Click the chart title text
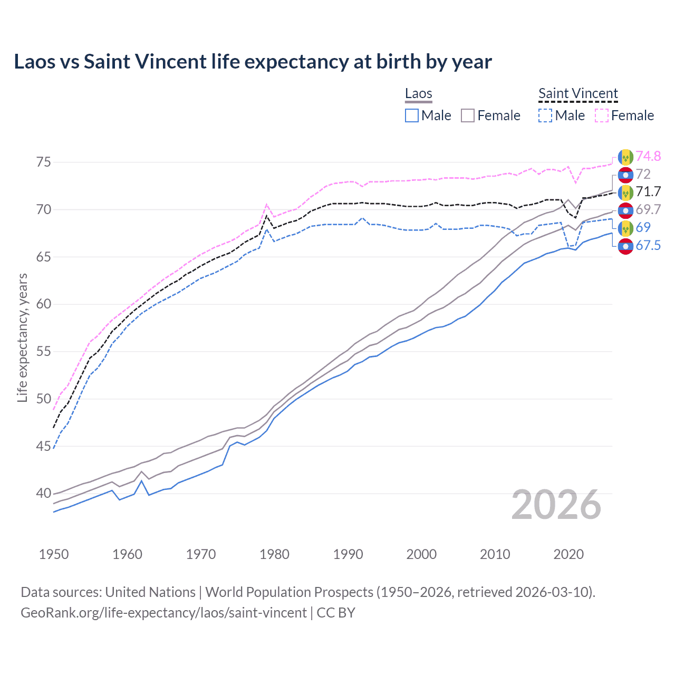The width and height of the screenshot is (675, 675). (x=253, y=62)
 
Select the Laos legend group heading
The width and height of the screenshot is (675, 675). (x=418, y=93)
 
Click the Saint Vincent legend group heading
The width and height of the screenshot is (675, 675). (x=578, y=93)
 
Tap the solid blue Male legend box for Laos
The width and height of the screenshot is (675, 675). (x=412, y=115)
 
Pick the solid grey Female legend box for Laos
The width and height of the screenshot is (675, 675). (x=468, y=115)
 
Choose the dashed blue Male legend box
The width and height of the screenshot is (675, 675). (x=545, y=115)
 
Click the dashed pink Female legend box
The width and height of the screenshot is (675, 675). (x=602, y=115)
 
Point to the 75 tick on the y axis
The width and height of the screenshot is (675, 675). (x=44, y=162)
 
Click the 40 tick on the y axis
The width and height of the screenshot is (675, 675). (x=44, y=494)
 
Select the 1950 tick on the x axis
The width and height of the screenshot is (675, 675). (x=54, y=554)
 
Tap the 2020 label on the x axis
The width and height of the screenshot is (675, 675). (x=568, y=554)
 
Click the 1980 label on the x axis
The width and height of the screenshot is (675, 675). (x=274, y=554)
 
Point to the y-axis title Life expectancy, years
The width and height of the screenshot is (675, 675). (x=22, y=337)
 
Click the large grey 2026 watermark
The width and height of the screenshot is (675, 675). (x=556, y=505)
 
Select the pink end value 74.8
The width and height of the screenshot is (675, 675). (x=648, y=156)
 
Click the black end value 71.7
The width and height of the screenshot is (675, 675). (x=648, y=191)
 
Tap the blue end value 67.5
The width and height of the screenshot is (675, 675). (x=648, y=245)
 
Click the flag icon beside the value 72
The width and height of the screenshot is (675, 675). (x=625, y=175)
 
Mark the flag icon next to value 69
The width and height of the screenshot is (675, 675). (x=625, y=228)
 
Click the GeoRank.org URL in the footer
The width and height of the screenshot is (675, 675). (x=163, y=613)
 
